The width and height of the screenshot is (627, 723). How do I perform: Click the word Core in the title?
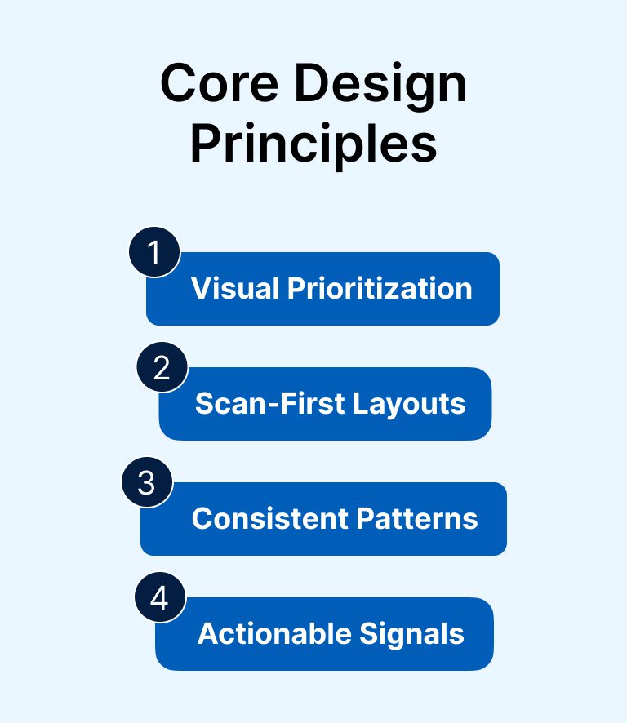(x=219, y=83)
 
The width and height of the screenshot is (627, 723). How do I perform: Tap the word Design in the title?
(x=380, y=87)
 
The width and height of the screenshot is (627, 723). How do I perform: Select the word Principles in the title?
(x=313, y=144)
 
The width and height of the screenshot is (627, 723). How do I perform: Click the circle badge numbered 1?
(x=154, y=252)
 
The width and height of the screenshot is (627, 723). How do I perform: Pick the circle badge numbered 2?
(x=162, y=367)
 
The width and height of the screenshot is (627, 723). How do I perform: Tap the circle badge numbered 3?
(x=147, y=482)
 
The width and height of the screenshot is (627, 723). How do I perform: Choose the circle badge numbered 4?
(x=160, y=597)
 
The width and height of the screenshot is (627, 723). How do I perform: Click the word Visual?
(x=235, y=288)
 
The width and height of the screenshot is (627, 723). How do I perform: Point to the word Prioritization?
(x=380, y=288)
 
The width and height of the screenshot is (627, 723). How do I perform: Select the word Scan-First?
(x=270, y=403)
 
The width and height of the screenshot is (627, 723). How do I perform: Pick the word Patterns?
(x=417, y=518)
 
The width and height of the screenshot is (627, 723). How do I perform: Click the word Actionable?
(x=274, y=633)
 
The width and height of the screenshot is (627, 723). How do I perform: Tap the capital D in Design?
(x=310, y=83)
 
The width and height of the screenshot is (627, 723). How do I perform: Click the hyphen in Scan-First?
(x=273, y=406)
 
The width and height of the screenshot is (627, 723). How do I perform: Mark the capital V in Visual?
(x=202, y=288)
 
